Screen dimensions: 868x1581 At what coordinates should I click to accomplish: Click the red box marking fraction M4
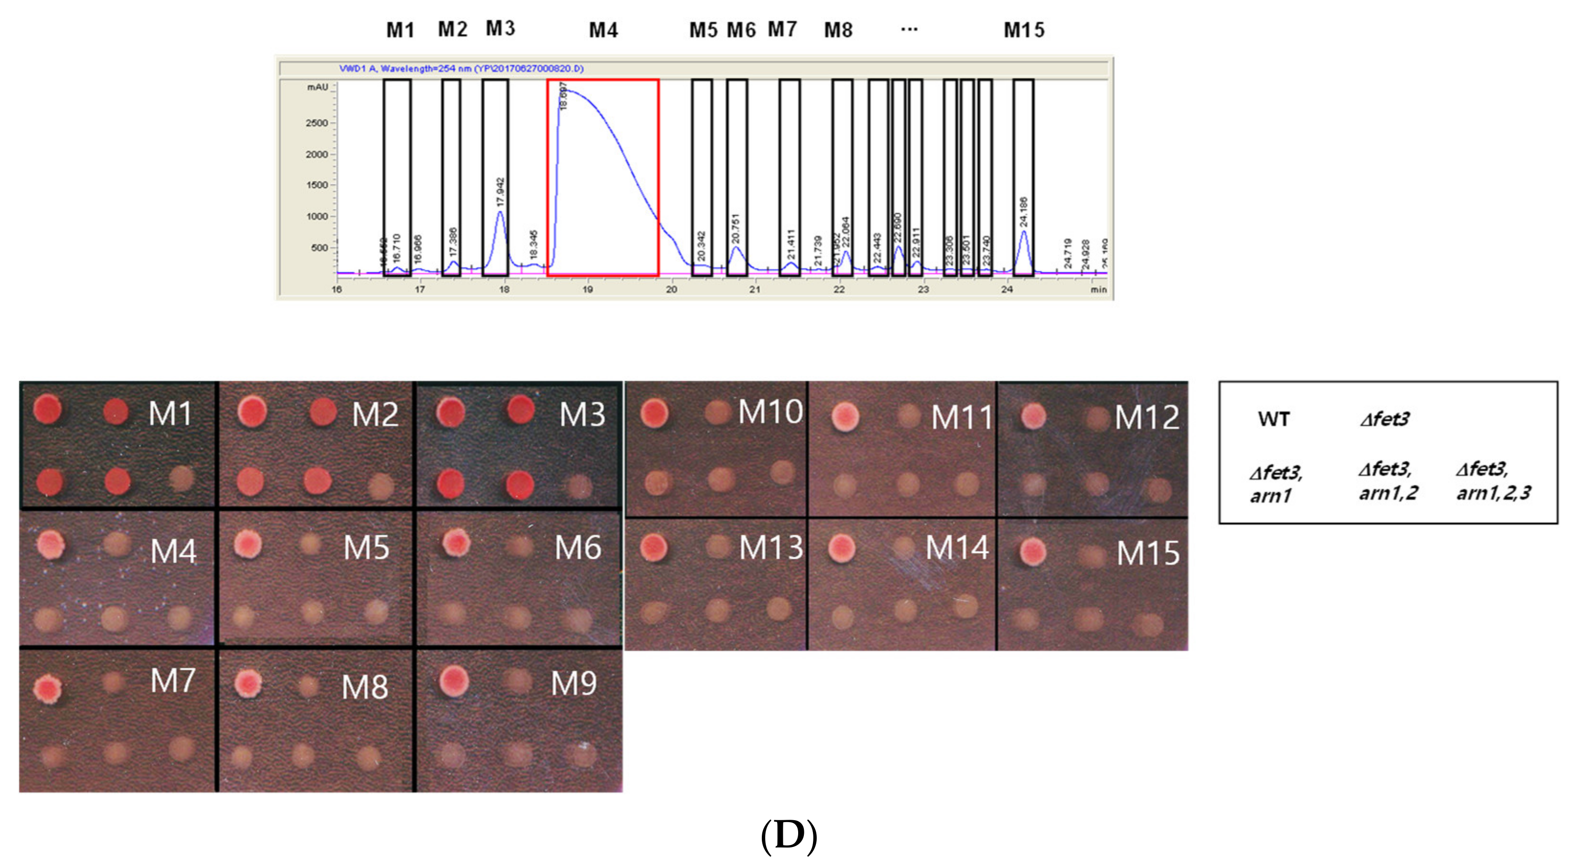coord(603,178)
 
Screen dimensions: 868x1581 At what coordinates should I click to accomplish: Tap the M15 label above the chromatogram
coord(1024,30)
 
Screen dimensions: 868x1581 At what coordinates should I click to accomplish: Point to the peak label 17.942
coord(500,192)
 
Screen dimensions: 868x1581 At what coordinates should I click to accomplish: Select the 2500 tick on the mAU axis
coord(317,123)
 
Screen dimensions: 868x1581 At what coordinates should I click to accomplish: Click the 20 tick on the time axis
coord(671,289)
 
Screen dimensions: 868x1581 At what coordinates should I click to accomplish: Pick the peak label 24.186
coord(1023,212)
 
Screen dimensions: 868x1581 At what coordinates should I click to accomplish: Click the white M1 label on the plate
coord(170,414)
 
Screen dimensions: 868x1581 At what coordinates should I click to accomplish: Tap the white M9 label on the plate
coord(573,683)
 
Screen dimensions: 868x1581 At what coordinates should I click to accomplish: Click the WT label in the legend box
coord(1274,419)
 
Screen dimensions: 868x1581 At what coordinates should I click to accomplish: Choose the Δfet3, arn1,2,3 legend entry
coord(1493,481)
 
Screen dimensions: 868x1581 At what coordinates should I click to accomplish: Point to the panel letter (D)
coord(789,835)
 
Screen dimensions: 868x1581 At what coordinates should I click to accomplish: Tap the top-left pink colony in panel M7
coord(48,689)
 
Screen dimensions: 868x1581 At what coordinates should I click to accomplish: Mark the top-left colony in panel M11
coord(845,417)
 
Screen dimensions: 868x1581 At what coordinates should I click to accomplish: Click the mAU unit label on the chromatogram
coord(317,87)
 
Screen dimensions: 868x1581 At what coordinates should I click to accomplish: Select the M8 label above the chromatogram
coord(838,30)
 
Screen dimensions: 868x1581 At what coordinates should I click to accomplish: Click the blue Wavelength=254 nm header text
coord(461,68)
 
